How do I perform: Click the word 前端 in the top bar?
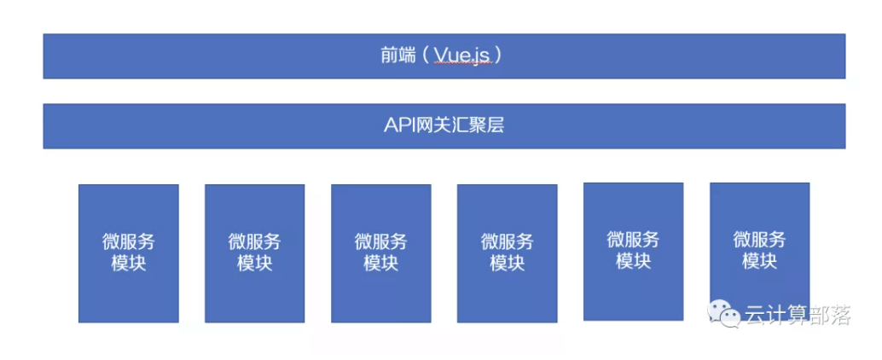398,55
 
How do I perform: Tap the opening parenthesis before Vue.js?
425,55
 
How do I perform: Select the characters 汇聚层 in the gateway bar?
477,125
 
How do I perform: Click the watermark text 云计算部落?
798,315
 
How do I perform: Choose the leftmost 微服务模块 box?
129,253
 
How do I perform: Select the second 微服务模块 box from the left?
255,253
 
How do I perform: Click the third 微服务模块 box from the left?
381,253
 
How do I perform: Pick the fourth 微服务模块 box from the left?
508,253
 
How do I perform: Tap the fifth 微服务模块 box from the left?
634,252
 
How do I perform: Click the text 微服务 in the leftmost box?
129,242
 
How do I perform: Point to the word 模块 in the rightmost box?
760,261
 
